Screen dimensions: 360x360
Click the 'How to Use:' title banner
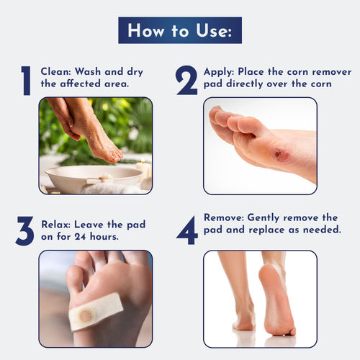179,31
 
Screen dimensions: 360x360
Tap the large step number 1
25,80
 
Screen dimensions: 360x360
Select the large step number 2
186,80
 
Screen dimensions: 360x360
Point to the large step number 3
25,230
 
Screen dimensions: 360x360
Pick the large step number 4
186,230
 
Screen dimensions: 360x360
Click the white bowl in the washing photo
94,176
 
